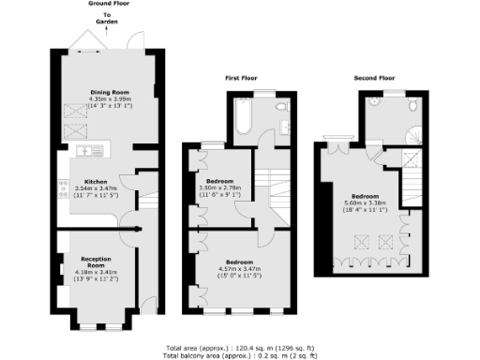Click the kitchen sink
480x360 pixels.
pyautogui.click(x=82, y=148)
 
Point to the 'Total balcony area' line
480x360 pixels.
pyautogui.click(x=238, y=355)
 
